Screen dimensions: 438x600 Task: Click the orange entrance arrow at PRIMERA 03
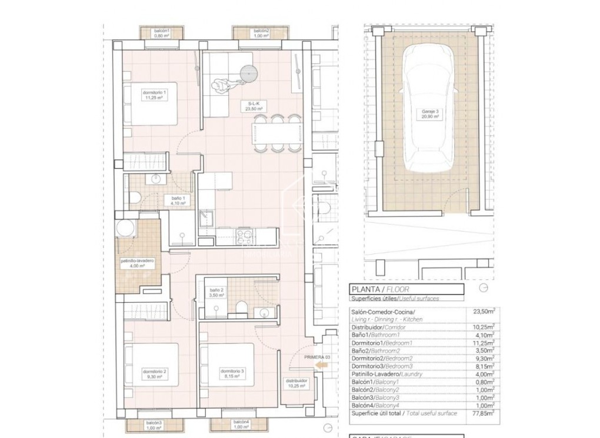(x=321, y=366)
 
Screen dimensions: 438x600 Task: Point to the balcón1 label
(x=162, y=33)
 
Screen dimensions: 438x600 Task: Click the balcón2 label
(x=261, y=33)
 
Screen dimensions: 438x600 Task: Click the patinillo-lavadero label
(x=137, y=263)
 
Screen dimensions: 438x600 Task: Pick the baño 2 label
(x=216, y=292)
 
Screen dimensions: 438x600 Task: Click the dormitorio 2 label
(x=155, y=374)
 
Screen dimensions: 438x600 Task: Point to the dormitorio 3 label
(x=232, y=374)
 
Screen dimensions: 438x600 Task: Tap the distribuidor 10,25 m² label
(x=296, y=383)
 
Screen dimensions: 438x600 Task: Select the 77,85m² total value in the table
(x=485, y=414)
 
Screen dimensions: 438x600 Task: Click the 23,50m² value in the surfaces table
(x=485, y=312)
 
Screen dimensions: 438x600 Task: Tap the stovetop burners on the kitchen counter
(x=244, y=236)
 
